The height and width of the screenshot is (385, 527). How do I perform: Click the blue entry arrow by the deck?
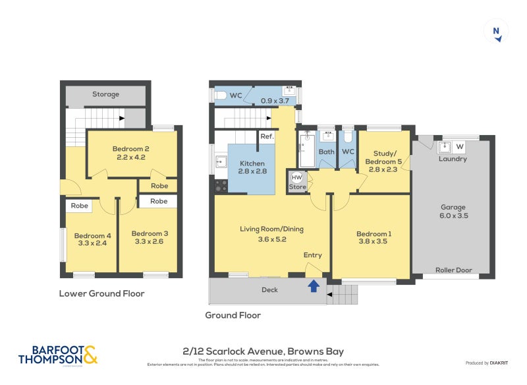pos(314,285)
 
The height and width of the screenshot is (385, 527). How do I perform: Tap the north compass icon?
pos(496,32)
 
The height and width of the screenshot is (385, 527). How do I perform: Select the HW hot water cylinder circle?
pos(296,177)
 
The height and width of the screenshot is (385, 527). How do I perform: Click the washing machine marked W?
pos(459,146)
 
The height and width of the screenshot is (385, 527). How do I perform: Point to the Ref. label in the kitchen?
pos(267,136)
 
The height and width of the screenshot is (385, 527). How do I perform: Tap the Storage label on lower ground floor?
pos(105,94)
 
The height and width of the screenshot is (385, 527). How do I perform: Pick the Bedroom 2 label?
pos(130,148)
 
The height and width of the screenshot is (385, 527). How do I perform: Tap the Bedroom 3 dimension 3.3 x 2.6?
pos(150,243)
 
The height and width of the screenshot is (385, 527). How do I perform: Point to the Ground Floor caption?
pos(233,315)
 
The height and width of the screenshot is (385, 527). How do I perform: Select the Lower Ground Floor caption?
pos(101,293)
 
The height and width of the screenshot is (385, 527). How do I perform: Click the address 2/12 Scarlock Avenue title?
pos(263,351)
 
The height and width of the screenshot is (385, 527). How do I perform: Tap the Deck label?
pos(269,289)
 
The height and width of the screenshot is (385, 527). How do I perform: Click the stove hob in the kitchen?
pos(220,185)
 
